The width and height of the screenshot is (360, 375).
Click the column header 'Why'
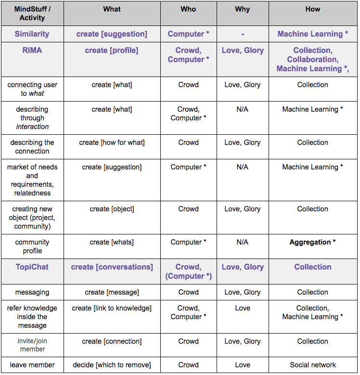243,9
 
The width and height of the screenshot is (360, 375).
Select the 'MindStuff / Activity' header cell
32,13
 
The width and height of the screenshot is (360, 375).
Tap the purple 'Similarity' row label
32,34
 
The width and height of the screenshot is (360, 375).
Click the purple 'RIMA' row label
32,50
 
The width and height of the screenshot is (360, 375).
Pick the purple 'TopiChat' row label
32,267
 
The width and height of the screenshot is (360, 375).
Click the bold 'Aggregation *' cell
312,242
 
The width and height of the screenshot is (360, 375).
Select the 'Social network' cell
312,365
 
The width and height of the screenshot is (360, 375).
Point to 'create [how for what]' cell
112,142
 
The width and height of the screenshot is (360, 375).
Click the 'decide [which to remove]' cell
112,365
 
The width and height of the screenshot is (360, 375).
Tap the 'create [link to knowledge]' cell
112,308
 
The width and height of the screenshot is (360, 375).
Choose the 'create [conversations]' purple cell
112,267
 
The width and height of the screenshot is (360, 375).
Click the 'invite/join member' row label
32,345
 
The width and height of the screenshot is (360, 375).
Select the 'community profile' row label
32,246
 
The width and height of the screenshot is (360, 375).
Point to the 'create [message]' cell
112,292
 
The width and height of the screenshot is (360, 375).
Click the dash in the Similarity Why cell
243,34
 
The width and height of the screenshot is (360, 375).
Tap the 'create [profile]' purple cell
112,50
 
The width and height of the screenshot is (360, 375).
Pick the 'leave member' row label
32,365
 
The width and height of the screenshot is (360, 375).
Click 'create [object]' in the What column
112,209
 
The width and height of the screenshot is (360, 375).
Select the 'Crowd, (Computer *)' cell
188,272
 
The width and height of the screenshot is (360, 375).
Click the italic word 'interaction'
32,127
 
